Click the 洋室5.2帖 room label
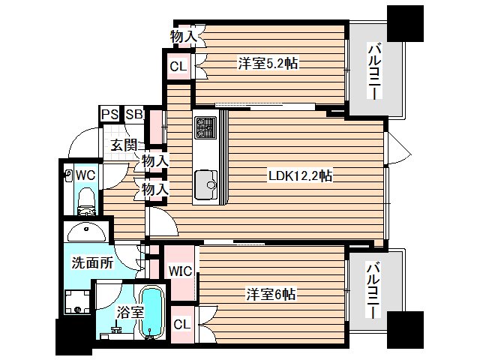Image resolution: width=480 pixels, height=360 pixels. (x=268, y=64)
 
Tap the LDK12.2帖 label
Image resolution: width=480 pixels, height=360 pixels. (x=300, y=176)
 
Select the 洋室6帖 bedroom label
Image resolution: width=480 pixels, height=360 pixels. (x=271, y=295)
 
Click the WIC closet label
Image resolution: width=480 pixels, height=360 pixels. (x=180, y=271)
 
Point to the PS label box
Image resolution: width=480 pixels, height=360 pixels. (x=110, y=115)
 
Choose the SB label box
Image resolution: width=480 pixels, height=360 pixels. (x=134, y=115)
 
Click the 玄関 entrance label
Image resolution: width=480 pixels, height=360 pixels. (x=123, y=145)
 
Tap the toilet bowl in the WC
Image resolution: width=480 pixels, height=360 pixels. (x=87, y=201)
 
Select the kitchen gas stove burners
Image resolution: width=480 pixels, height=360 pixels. (x=205, y=127)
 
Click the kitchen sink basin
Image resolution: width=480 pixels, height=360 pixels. (x=206, y=184)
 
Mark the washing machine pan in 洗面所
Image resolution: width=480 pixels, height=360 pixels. (x=78, y=301)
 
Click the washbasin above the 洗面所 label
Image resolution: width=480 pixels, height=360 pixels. (x=87, y=232)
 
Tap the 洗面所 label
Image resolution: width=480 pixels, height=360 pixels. (x=92, y=262)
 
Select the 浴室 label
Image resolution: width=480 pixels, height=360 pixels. (x=130, y=313)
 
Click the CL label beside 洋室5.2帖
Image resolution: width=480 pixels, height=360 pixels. (x=178, y=66)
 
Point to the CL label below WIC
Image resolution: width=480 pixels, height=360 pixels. (x=181, y=325)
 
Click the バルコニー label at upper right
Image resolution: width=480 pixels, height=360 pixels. (x=375, y=72)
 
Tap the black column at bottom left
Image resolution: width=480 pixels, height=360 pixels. (x=73, y=336)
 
